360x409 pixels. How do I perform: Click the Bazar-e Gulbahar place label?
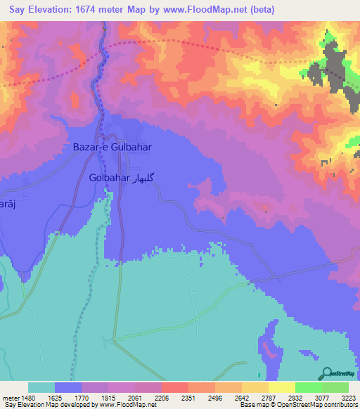coord(112,148)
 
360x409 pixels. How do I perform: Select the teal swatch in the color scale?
coord(41,387)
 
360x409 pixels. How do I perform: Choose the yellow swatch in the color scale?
coord(281,387)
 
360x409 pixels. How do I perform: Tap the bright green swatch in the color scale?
coord(308,387)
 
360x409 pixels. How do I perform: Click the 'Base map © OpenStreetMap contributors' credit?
coord(296,405)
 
